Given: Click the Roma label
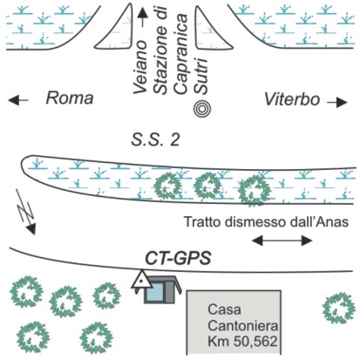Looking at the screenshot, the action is point(70,98).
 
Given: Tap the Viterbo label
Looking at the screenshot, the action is point(292,99).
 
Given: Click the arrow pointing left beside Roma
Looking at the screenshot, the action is point(18,100).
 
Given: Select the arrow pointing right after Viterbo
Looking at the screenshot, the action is point(337,103).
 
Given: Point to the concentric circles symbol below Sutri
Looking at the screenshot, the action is point(202,109).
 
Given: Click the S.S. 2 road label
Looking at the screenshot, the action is point(155,140).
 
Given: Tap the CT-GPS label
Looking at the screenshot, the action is point(178,258).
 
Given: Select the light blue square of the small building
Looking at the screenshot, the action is point(154,293).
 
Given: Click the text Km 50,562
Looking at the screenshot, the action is point(242,342).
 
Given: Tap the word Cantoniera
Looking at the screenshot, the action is point(243,326).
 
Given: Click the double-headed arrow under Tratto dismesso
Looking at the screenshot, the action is point(282,241).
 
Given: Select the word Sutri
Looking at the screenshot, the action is point(201,76).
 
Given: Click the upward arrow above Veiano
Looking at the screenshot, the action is point(142,18).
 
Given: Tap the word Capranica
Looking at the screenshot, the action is point(182,54).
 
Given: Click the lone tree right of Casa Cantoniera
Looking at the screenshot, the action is point(339,309).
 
